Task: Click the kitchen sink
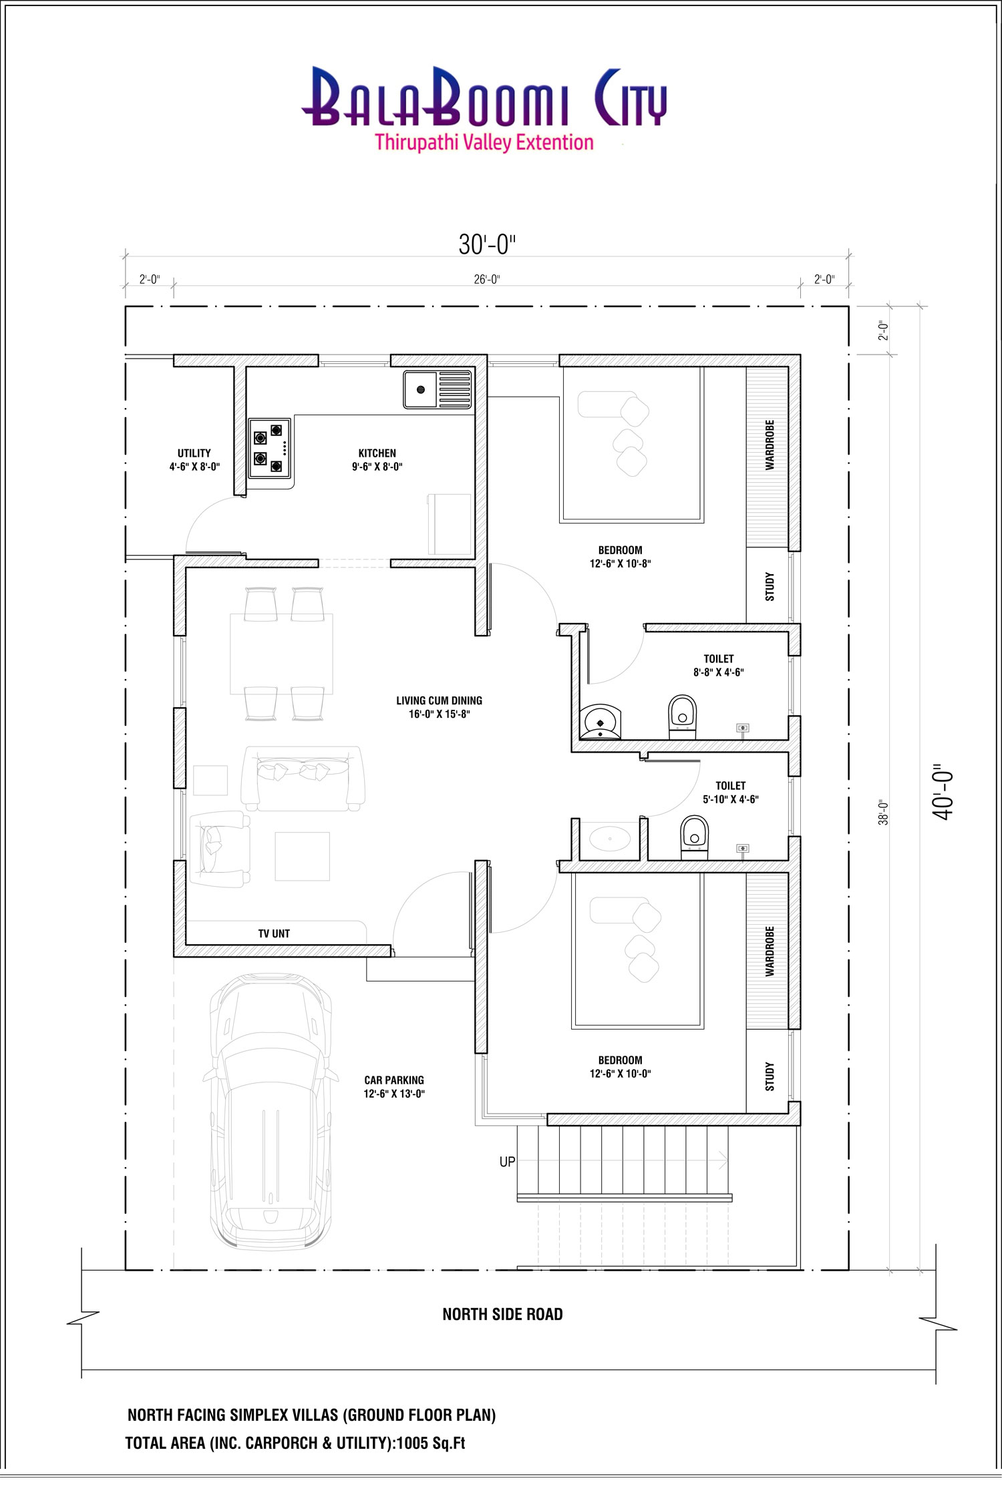(x=438, y=389)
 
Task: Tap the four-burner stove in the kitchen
(x=270, y=448)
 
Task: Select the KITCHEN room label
(x=377, y=453)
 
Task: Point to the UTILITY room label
(x=194, y=453)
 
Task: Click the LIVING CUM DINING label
(x=439, y=700)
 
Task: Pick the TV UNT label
(x=274, y=933)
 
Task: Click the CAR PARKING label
(x=394, y=1080)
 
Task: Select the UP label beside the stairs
(x=508, y=1162)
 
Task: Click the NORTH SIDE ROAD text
(x=502, y=1314)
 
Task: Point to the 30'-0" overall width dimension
(x=488, y=245)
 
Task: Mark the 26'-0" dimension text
(x=487, y=279)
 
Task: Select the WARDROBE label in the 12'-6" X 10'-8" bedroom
(x=770, y=445)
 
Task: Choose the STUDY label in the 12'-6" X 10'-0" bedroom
(x=770, y=1077)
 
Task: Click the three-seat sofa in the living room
(x=303, y=779)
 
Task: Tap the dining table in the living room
(x=281, y=654)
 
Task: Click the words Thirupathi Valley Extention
(x=484, y=142)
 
